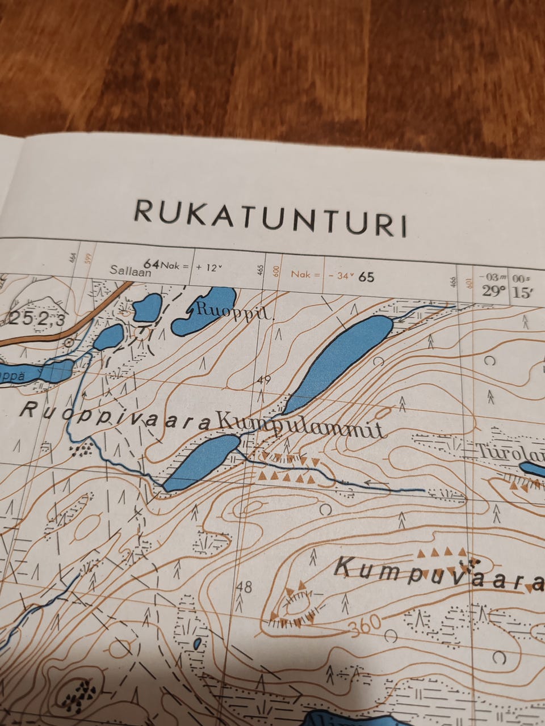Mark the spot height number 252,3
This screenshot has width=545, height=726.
point(37,319)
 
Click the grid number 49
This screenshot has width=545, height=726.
point(263,380)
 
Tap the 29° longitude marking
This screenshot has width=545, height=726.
point(494,291)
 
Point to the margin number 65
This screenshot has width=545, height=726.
point(367,277)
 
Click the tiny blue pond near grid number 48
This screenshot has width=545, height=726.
point(197,643)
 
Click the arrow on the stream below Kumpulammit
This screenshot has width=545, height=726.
point(375,484)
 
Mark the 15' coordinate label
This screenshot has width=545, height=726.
point(520,292)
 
